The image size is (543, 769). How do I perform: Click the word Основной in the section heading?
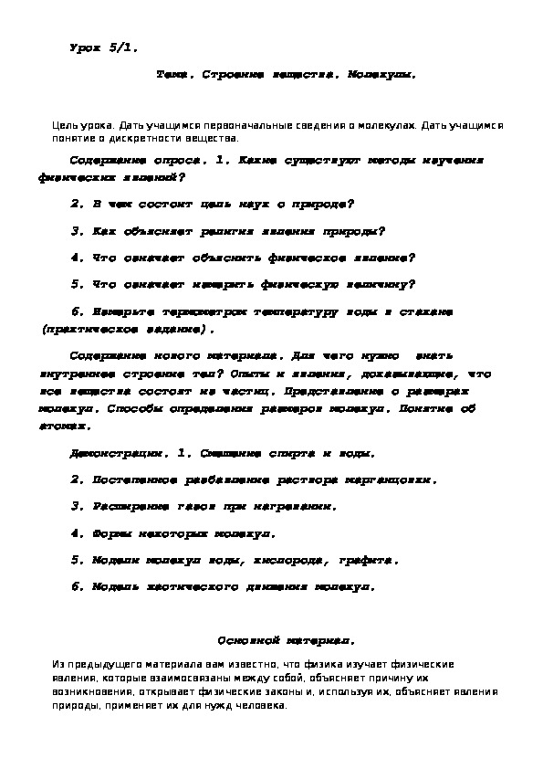pos(246,640)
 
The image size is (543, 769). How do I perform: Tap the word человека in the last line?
pos(262,706)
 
